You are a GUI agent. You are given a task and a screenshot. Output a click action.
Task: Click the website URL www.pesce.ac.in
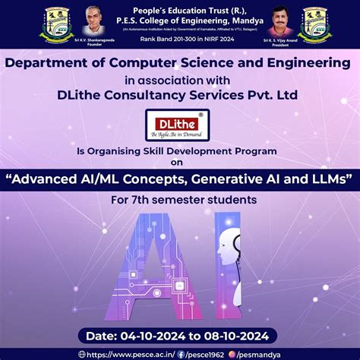(x=127, y=353)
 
